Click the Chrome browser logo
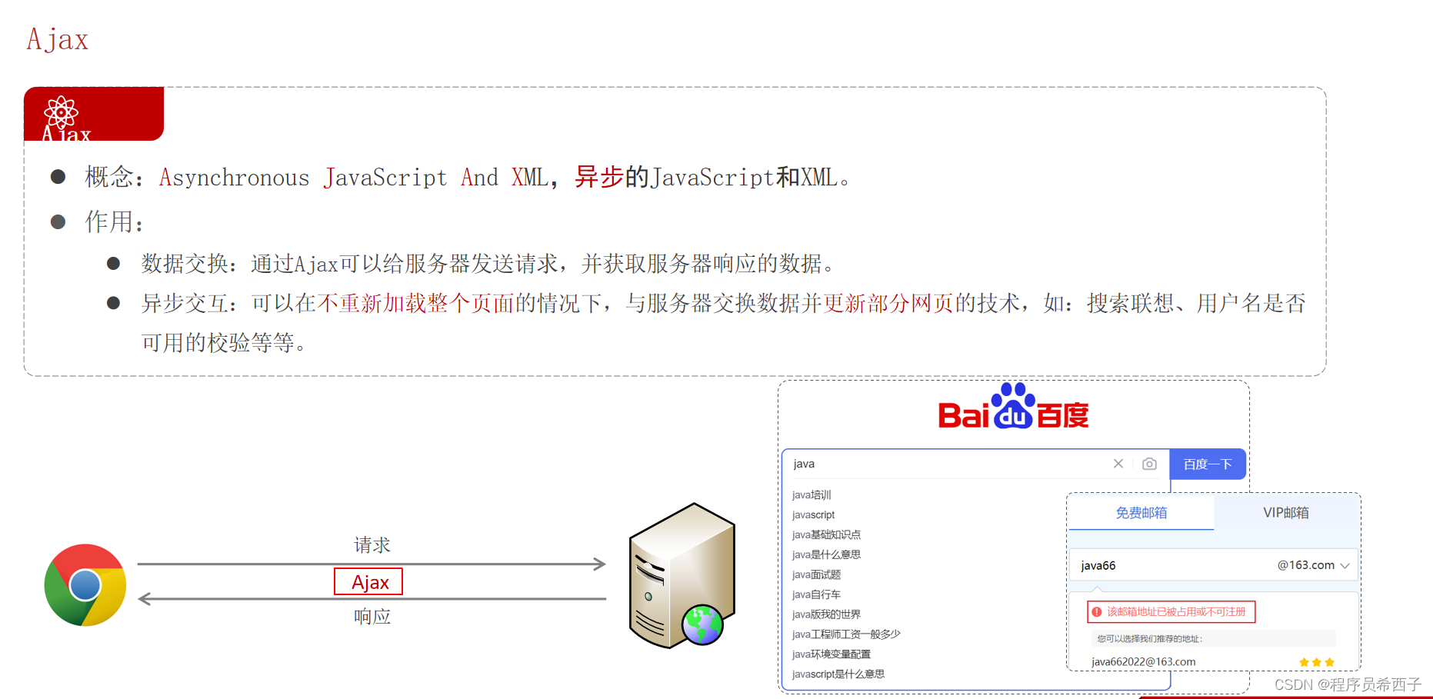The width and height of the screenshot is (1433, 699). (85, 585)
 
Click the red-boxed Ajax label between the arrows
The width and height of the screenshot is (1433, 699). (368, 582)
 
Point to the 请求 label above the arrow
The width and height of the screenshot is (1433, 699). (372, 545)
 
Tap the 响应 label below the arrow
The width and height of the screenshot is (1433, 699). (372, 616)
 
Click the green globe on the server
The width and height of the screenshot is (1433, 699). (702, 624)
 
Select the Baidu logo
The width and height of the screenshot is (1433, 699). (1013, 408)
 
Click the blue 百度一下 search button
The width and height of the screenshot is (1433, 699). (1207, 464)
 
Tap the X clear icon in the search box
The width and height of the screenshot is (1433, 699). (1118, 464)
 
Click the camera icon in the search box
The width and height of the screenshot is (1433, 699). (1149, 464)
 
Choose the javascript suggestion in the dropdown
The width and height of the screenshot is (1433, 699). (813, 515)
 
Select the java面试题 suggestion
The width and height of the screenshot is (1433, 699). (816, 574)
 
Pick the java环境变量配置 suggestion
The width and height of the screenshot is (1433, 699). (831, 654)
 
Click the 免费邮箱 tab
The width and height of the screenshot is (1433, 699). (1141, 513)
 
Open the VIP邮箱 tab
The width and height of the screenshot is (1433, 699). (1285, 513)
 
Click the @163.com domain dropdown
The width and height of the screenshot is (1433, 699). (1313, 565)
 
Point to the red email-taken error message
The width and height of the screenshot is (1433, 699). (1171, 612)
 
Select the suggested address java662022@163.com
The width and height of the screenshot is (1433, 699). (1143, 662)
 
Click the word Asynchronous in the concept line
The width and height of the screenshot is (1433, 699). (234, 178)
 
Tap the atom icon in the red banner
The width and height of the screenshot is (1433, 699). (61, 113)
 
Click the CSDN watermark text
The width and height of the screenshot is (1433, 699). (1348, 684)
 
